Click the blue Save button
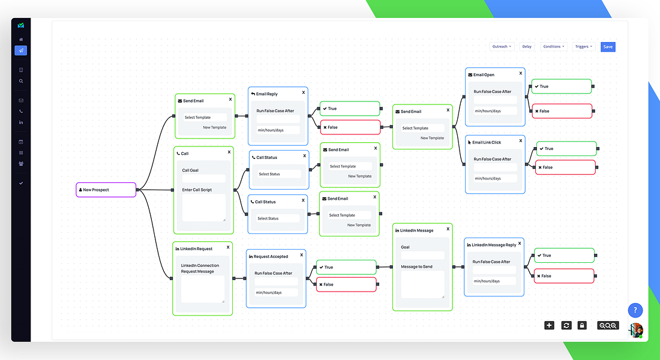tap(608, 47)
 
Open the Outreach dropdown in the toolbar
tap(502, 47)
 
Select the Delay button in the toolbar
tap(527, 47)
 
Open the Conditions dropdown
tap(554, 47)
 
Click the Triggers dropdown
tap(583, 47)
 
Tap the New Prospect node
tap(106, 190)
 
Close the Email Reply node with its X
tap(304, 92)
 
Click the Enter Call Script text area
tap(204, 208)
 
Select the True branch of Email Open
tap(562, 86)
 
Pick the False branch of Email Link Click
tap(565, 167)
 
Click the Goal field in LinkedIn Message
tap(422, 255)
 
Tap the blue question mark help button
tap(635, 311)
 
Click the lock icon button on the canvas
tap(582, 325)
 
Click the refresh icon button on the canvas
tap(566, 325)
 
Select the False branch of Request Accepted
tap(346, 284)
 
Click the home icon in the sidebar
tap(21, 40)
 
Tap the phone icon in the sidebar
tap(21, 112)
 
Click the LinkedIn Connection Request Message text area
tap(203, 289)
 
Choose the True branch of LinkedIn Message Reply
tap(564, 256)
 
